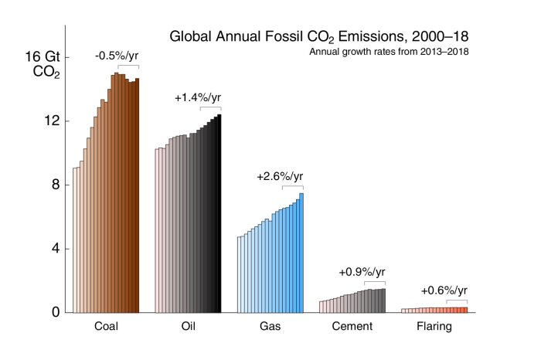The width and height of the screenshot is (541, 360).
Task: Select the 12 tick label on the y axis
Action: (x=52, y=121)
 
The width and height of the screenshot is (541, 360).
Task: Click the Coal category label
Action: (x=106, y=327)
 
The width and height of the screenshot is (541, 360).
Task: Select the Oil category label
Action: (x=188, y=327)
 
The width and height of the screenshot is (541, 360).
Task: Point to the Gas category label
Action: (x=270, y=327)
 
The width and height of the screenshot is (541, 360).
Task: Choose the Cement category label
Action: (x=352, y=327)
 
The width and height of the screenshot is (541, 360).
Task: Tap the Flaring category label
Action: (x=434, y=327)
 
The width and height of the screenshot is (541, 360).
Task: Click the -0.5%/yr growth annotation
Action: (x=117, y=56)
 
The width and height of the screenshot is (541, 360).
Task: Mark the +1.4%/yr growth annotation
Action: (x=198, y=98)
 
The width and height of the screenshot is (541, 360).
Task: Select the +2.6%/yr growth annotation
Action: (x=281, y=177)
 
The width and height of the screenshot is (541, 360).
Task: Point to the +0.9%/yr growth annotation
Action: (x=362, y=273)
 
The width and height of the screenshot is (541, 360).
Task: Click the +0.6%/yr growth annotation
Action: (x=444, y=290)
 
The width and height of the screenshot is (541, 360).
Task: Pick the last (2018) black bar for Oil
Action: (x=219, y=213)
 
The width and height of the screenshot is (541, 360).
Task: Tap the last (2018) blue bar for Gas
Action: (x=301, y=253)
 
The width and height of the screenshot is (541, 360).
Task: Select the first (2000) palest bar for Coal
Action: (x=75, y=239)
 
